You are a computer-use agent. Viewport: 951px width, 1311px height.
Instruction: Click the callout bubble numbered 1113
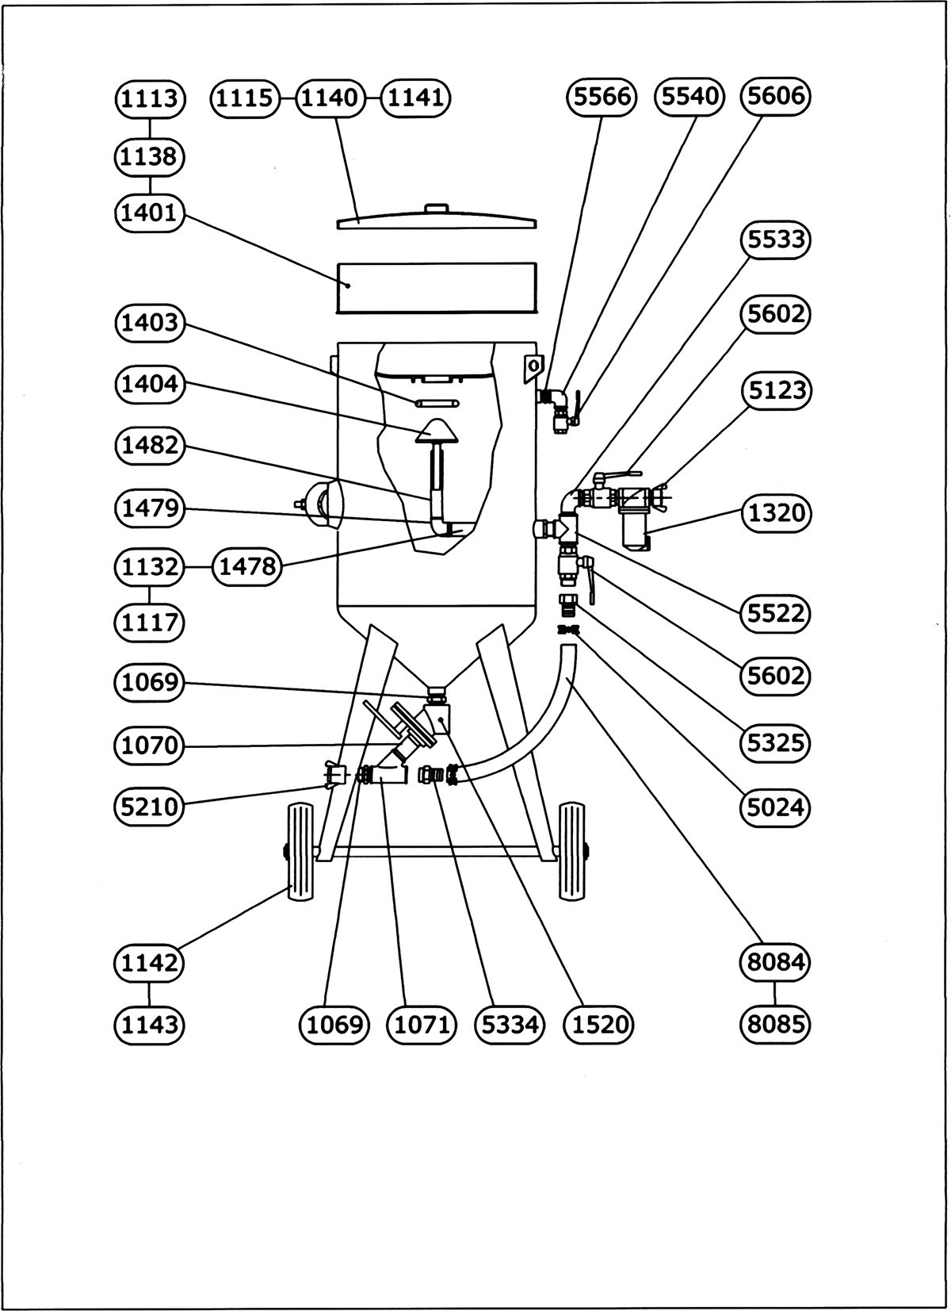point(150,98)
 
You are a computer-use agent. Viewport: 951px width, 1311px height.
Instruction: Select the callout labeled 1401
point(150,213)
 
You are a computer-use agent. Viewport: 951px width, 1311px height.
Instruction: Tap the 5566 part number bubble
point(602,97)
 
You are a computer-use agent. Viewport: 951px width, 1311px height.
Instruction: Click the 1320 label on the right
point(776,513)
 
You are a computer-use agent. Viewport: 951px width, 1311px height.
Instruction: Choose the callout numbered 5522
point(776,612)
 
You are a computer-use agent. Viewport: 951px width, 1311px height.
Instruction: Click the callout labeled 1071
point(422,1025)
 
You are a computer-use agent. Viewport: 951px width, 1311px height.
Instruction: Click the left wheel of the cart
point(302,853)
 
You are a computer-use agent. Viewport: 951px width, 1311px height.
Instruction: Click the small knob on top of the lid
point(437,209)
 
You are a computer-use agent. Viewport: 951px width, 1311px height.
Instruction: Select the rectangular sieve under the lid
point(437,287)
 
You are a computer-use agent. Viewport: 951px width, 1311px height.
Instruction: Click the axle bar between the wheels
point(437,852)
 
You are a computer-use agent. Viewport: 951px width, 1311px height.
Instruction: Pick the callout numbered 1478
point(247,566)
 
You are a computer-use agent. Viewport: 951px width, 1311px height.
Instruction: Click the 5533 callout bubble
point(776,240)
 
